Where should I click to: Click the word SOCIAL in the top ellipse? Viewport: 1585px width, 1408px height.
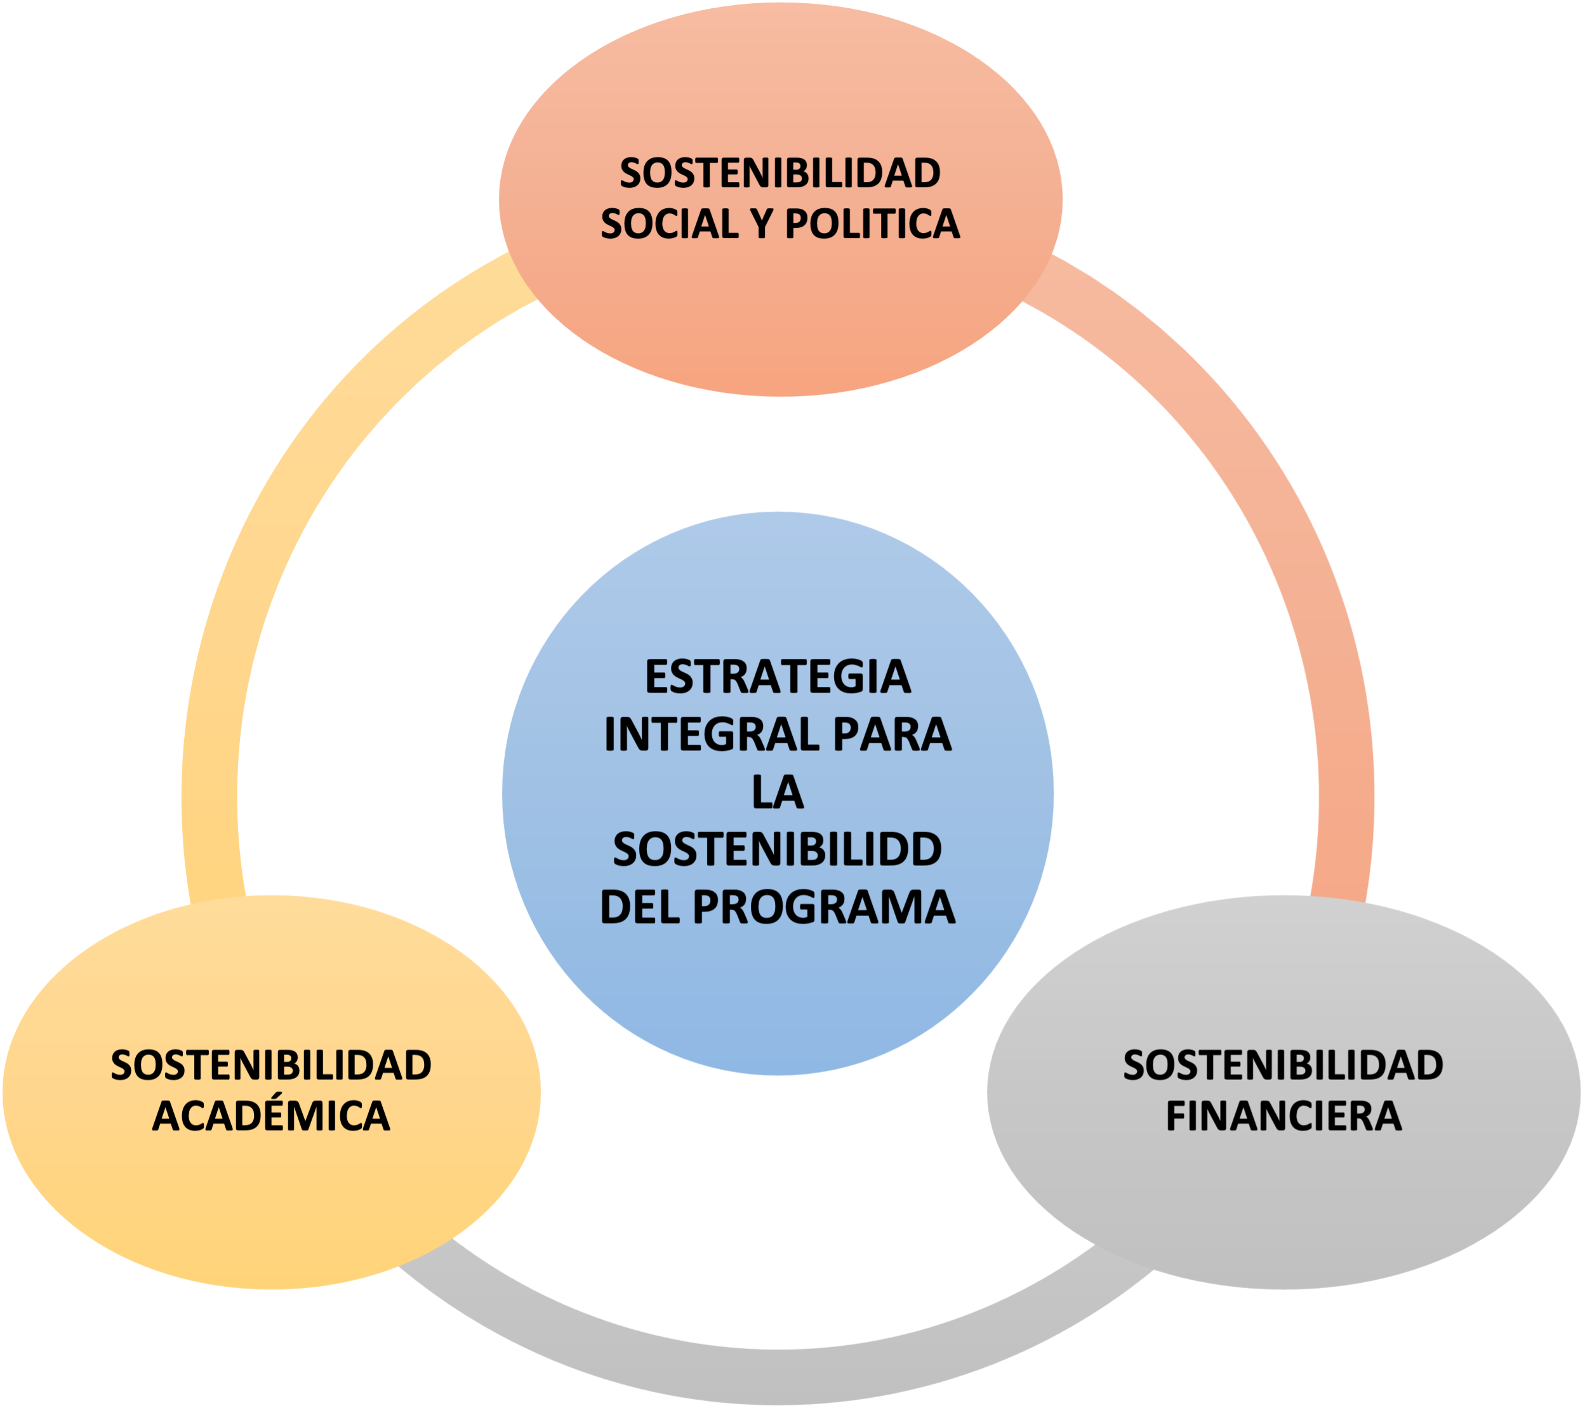click(x=670, y=225)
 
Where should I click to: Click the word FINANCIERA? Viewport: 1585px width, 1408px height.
click(x=1284, y=1117)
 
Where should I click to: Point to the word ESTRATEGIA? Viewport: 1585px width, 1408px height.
click(x=778, y=677)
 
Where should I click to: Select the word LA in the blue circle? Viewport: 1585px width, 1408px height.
click(x=778, y=792)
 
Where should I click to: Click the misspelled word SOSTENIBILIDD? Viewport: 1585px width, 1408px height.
click(x=778, y=850)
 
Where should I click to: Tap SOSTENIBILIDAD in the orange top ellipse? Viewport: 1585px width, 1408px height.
click(x=780, y=173)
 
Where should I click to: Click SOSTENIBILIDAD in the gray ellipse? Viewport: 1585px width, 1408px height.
click(x=1284, y=1065)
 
